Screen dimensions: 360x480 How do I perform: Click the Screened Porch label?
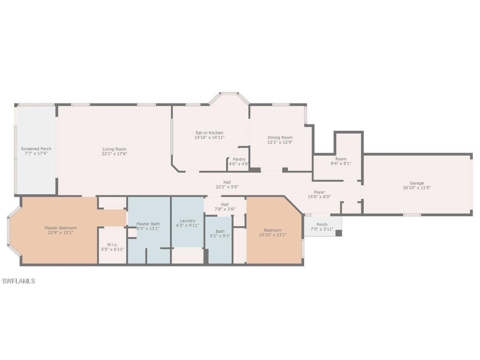click(36, 149)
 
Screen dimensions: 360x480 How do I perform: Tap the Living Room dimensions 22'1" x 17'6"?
click(114, 154)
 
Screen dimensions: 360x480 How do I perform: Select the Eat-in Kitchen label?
click(209, 133)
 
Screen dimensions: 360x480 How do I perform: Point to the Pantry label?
click(239, 159)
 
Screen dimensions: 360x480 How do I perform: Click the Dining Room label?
click(280, 137)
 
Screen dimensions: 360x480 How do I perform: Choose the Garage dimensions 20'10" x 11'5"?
click(417, 188)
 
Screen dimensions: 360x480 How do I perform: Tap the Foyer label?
click(319, 192)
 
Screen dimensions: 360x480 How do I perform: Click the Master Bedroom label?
click(60, 228)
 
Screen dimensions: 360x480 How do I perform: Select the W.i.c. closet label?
click(112, 244)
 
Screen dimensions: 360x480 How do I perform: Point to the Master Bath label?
click(148, 224)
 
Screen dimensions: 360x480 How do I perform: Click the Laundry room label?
click(187, 220)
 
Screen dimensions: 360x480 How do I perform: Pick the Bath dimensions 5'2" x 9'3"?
click(220, 236)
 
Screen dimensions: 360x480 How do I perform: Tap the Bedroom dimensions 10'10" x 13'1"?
click(273, 235)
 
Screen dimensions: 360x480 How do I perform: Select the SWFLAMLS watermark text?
click(18, 281)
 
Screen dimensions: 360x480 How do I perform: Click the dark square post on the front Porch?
click(338, 233)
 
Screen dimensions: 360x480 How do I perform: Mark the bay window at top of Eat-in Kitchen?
click(229, 94)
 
